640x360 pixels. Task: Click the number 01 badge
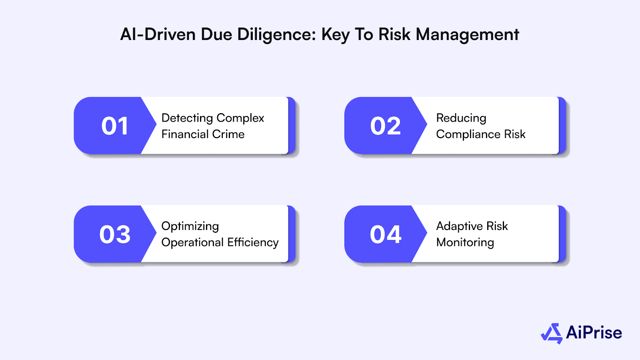click(115, 126)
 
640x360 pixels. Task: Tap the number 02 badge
click(385, 126)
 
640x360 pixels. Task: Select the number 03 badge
click(115, 234)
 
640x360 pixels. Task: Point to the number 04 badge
click(385, 234)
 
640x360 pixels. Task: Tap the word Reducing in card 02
click(461, 118)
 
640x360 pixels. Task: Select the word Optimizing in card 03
click(190, 227)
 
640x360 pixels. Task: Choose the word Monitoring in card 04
click(465, 243)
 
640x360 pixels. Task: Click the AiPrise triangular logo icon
click(552, 333)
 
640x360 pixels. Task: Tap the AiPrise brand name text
click(594, 333)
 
